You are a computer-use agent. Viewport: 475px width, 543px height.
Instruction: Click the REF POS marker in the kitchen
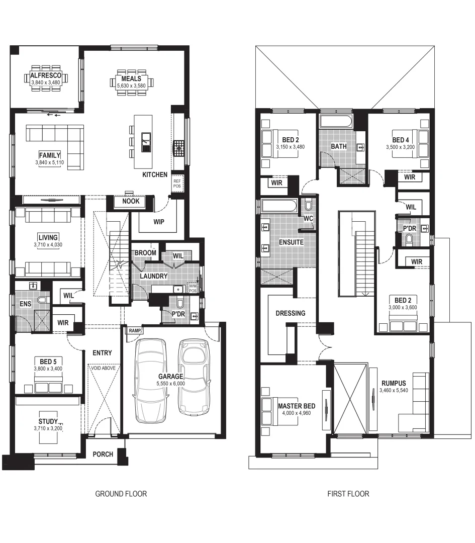tap(177, 184)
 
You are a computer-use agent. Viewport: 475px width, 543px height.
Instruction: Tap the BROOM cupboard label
tap(145, 253)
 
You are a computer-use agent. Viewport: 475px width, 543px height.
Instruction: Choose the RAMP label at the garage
tap(135, 331)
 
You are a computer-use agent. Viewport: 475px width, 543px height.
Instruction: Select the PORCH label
tap(103, 454)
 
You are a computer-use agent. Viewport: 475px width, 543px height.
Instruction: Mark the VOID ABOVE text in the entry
tap(103, 369)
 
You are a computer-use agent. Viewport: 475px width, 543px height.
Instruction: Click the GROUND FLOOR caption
tap(121, 494)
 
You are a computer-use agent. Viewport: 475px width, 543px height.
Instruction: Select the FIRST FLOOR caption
tap(348, 494)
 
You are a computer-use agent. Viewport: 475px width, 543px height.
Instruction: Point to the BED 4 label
tap(401, 140)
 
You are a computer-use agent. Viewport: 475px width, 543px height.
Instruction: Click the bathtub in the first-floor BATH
tap(337, 122)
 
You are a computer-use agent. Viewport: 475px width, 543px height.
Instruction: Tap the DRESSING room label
tap(290, 313)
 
